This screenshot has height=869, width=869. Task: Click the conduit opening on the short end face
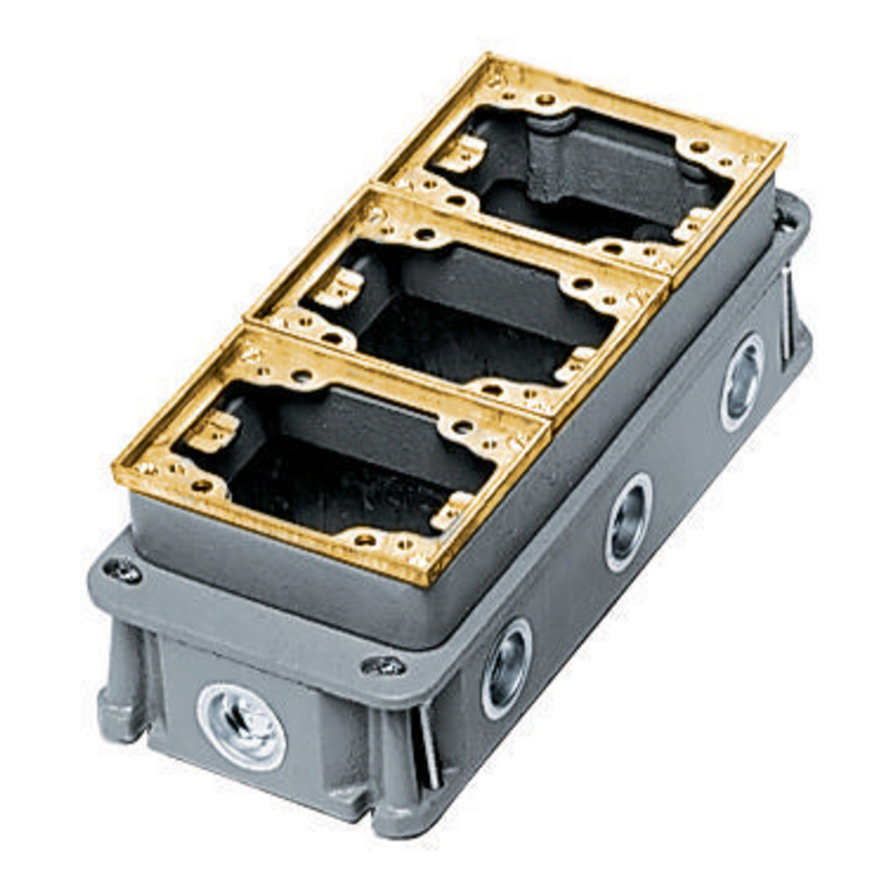pos(241,727)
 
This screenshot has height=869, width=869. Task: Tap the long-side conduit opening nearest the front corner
pos(506,667)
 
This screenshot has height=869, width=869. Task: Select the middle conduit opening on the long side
pos(628,522)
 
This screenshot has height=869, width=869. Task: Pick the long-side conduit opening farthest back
pos(741,381)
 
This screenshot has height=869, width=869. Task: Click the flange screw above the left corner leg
pos(123,570)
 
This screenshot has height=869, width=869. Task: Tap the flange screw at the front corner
pos(383,665)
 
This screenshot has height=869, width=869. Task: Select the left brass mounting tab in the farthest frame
pos(465,153)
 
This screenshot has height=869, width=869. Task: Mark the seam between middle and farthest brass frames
pos(523,233)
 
